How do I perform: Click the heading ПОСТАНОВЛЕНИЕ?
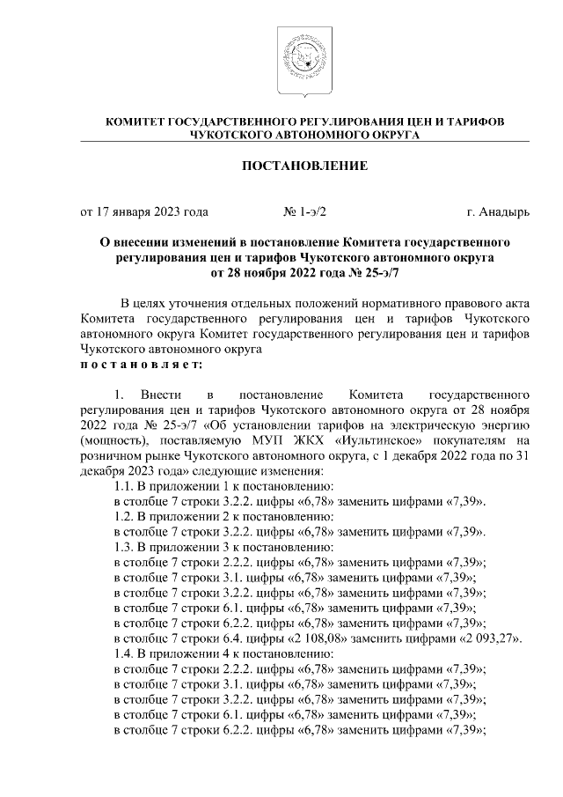pyautogui.click(x=304, y=165)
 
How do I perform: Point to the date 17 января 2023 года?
pyautogui.click(x=144, y=211)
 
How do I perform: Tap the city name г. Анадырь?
pyautogui.click(x=498, y=211)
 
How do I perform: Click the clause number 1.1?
pyautogui.click(x=126, y=486)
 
